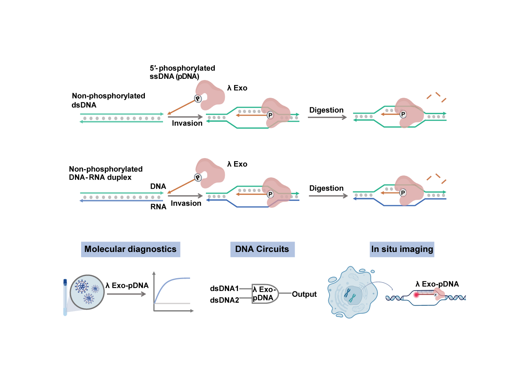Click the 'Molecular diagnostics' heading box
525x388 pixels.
coord(131,249)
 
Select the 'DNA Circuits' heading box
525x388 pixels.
coord(262,249)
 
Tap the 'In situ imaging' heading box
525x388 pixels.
coord(402,249)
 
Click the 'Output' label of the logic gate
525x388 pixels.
coord(304,294)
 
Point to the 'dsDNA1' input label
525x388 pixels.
coord(224,288)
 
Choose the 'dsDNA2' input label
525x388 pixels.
coord(224,300)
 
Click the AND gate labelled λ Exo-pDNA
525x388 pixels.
coord(264,294)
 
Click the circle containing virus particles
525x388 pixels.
coord(87,292)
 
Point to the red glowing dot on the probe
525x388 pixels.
coord(416,295)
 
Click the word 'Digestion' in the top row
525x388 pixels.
coord(326,110)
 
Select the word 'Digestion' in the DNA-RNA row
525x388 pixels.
coord(326,188)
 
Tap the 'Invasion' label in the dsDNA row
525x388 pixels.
coord(187,123)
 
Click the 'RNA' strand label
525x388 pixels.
coord(158,207)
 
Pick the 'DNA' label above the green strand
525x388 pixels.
coord(158,186)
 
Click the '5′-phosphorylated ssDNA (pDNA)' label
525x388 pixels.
coord(182,72)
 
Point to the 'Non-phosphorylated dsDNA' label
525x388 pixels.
coord(108,100)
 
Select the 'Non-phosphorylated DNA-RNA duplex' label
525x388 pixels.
coord(105,173)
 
